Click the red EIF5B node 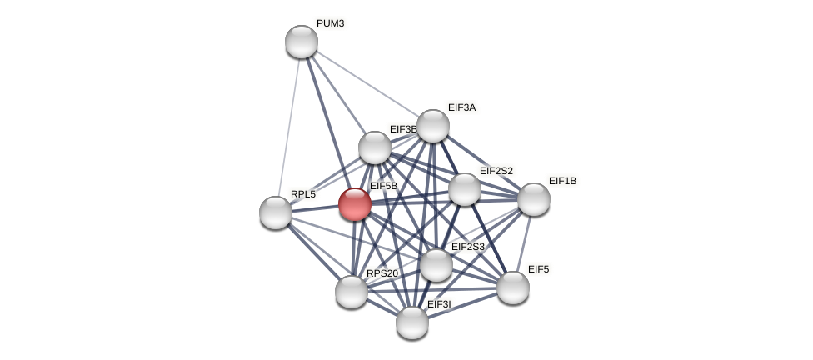point(355,204)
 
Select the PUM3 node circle point(302,42)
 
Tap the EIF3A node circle point(433,126)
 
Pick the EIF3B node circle point(375,147)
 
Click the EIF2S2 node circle point(465,189)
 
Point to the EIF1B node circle point(534,199)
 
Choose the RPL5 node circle point(276,212)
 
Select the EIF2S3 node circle point(436,265)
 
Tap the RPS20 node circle point(352,292)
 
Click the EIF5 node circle point(513,287)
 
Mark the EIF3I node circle point(412,322)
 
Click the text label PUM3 point(330,23)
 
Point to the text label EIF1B point(562,181)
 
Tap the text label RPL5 point(303,194)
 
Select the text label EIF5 point(538,269)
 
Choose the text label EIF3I point(439,304)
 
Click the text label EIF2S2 point(496,171)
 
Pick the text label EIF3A point(461,107)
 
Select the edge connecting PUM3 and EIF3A point(367,83)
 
